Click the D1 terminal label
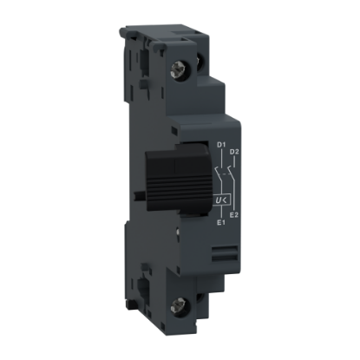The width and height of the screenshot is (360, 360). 221,144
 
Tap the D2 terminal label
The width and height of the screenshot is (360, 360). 234,152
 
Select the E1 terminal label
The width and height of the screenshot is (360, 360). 221,222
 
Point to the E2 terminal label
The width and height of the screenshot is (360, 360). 233,214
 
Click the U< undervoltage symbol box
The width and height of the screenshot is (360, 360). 221,200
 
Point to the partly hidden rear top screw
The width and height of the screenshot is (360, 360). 200,62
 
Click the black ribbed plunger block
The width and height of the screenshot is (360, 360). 176,180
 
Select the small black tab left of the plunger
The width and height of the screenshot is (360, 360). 140,195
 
